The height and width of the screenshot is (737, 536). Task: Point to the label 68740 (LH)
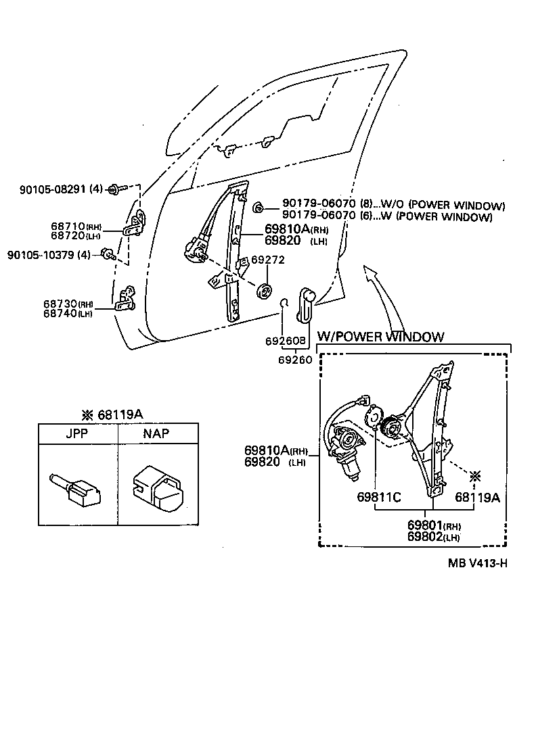pyautogui.click(x=68, y=314)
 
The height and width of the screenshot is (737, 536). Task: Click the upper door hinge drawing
pyautogui.click(x=137, y=223)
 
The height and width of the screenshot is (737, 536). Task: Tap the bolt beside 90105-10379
pyautogui.click(x=106, y=254)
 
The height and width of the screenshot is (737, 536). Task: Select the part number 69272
pyautogui.click(x=268, y=260)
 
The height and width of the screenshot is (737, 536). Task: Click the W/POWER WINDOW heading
pyautogui.click(x=381, y=337)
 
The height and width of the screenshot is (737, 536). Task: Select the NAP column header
pyautogui.click(x=156, y=434)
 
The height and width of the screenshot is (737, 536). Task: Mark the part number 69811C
pyautogui.click(x=379, y=498)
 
